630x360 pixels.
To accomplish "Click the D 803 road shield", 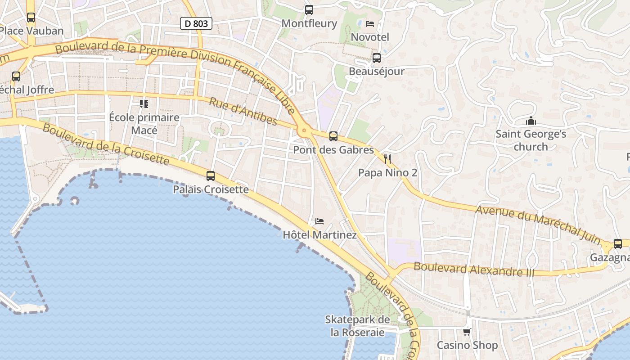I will point(196,23).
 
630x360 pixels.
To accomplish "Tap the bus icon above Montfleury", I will point(309,10).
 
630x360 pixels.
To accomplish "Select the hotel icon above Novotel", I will point(370,23).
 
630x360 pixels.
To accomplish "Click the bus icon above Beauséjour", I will point(377,58).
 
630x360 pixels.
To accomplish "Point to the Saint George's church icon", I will point(531,121).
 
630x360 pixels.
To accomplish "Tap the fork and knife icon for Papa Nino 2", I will point(387,159).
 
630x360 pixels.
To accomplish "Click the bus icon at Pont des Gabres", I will point(333,136).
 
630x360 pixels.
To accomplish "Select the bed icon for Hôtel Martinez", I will point(319,221).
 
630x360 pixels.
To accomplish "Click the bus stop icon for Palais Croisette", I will point(211,176).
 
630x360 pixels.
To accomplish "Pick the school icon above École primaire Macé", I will point(144,104).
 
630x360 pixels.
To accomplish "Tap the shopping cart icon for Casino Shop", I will point(467,332).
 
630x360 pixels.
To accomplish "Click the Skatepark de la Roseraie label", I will point(358,326).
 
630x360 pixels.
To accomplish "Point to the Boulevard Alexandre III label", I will point(474,269).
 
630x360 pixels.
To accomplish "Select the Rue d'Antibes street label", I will point(243,112).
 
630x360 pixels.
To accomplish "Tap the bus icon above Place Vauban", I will point(31,18).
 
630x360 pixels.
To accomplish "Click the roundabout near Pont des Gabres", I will point(304,131).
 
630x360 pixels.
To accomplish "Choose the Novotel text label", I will point(370,37).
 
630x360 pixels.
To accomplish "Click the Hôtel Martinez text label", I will point(319,235).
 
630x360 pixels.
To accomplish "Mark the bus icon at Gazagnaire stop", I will point(618,244).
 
